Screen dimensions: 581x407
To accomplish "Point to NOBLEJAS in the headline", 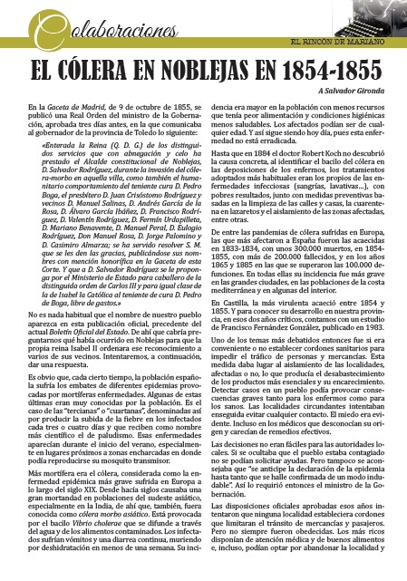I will (239, 71).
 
